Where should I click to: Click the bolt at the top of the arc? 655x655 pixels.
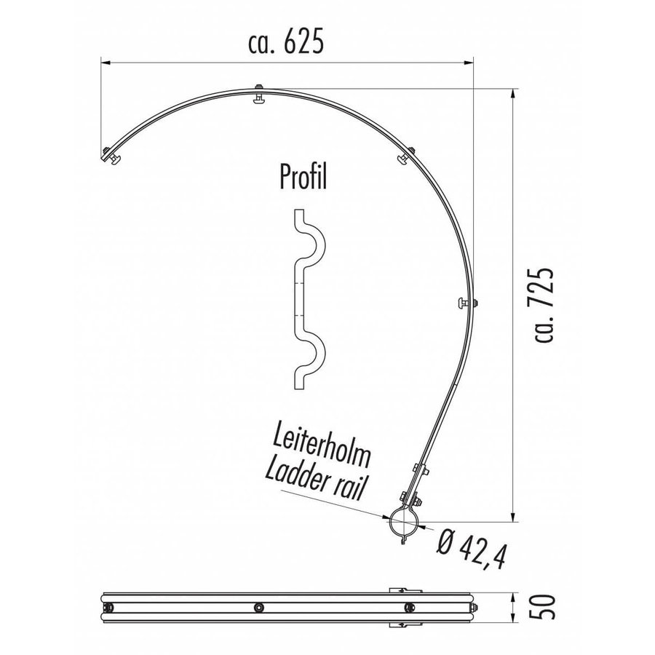point(259,95)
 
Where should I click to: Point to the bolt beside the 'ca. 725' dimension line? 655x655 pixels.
point(467,302)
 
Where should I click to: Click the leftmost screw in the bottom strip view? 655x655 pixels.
point(110,608)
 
